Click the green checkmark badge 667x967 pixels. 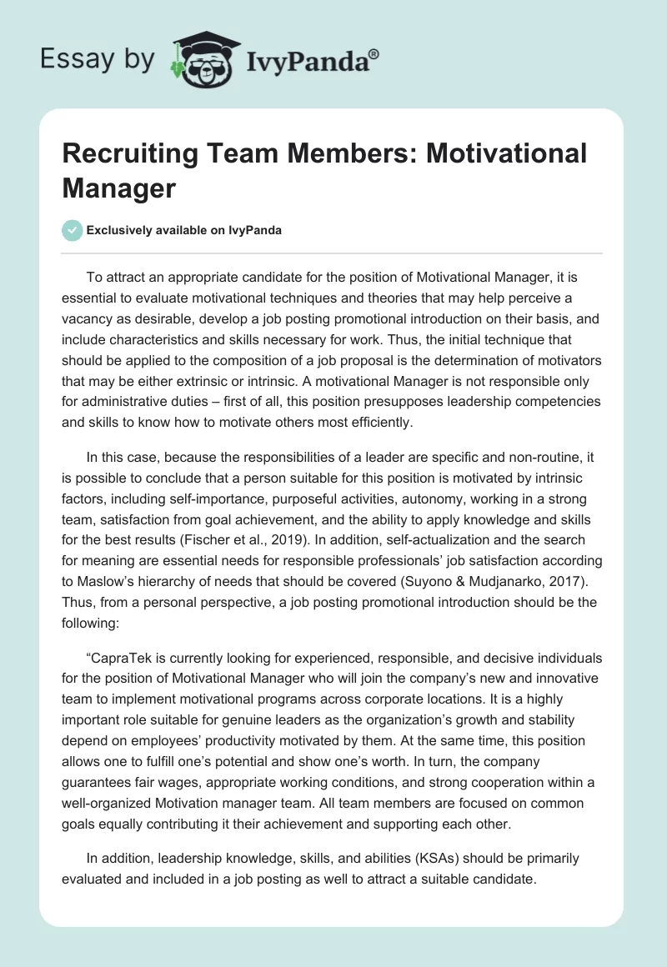pos(73,230)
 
